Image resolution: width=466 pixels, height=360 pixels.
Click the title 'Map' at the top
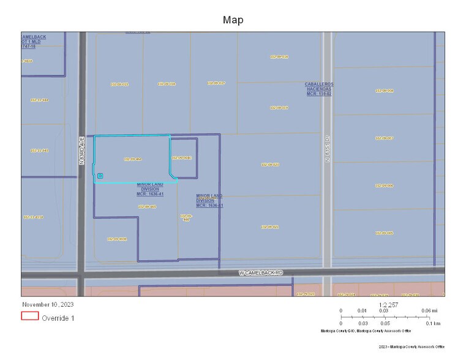click(x=233, y=20)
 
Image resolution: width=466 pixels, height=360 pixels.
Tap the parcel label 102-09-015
click(x=119, y=84)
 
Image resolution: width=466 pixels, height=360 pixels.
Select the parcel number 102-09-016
click(x=167, y=84)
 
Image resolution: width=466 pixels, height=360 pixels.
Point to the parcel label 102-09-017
click(x=216, y=83)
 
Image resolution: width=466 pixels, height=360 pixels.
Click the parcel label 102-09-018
click(x=279, y=56)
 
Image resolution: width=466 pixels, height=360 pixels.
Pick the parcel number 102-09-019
click(x=279, y=108)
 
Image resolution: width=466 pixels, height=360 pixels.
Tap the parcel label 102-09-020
click(x=270, y=165)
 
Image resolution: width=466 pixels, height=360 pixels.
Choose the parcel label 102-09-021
click(x=270, y=227)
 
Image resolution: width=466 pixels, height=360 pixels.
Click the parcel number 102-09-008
click(x=385, y=91)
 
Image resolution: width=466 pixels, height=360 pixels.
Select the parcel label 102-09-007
click(x=385, y=138)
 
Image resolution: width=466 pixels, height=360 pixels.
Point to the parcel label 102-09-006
click(x=385, y=186)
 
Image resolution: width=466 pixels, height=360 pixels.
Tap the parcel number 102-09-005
click(x=385, y=233)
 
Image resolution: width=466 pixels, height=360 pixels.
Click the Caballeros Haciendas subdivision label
click(x=318, y=89)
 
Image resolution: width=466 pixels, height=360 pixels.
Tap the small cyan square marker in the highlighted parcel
click(x=100, y=176)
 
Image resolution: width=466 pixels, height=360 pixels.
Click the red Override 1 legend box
click(x=30, y=317)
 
